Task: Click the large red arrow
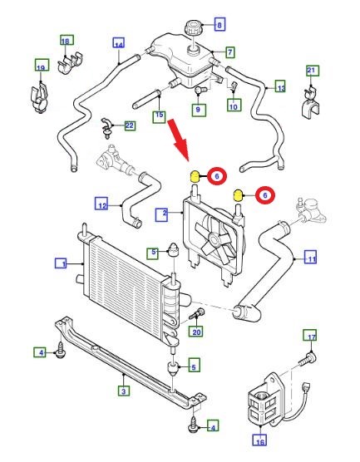tap(179, 140)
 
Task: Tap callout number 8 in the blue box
tap(219, 25)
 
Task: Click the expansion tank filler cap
tap(193, 28)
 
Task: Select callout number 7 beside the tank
tap(230, 52)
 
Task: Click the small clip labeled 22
tap(107, 128)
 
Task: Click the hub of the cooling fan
tap(214, 239)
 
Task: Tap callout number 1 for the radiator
tap(61, 263)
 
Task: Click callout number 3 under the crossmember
tap(124, 391)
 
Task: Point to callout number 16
tap(260, 441)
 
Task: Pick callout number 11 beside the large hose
tap(311, 258)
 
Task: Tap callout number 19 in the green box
tap(42, 66)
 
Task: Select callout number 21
tap(312, 71)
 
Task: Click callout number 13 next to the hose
tap(281, 86)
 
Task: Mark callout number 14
tap(119, 43)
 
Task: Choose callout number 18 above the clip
tap(66, 41)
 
